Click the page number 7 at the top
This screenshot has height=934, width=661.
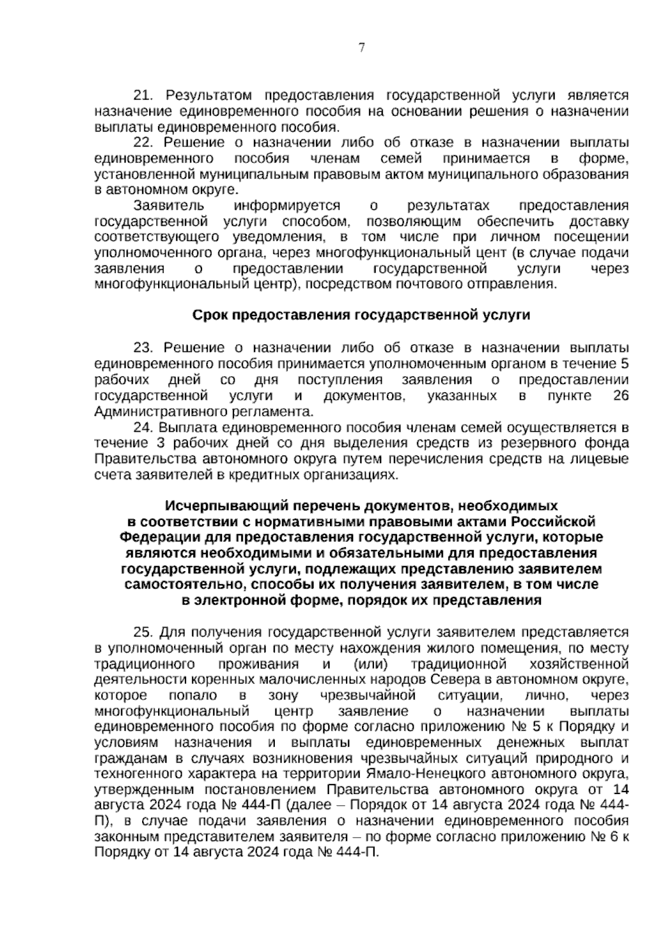(x=361, y=48)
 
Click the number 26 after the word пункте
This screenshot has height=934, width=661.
(x=621, y=396)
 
